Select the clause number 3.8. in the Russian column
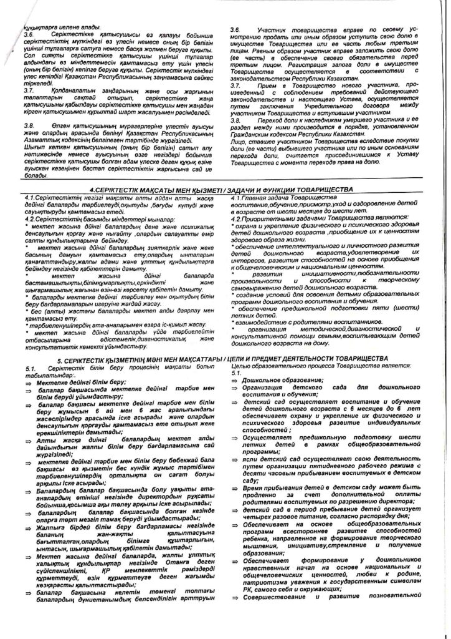coord(236,120)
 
